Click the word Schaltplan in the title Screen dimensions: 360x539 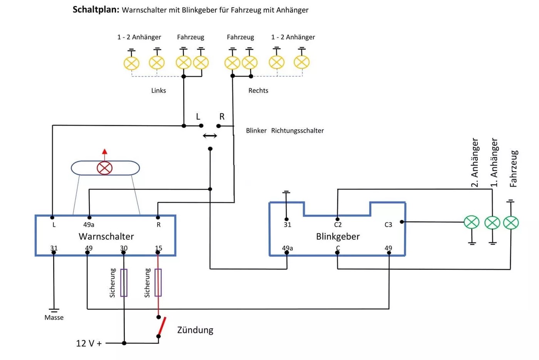[96, 10]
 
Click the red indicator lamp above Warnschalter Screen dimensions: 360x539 [105, 168]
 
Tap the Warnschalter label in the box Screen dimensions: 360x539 [106, 236]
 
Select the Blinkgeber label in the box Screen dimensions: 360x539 [338, 236]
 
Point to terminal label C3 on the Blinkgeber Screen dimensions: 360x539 [388, 224]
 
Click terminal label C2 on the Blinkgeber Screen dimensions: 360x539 [338, 224]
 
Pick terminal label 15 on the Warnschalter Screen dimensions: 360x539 [158, 248]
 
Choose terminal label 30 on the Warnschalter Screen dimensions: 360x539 [124, 248]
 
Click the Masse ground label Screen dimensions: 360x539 [54, 318]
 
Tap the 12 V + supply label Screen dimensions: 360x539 [89, 343]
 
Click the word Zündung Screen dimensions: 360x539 [195, 330]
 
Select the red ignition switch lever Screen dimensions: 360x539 [162, 326]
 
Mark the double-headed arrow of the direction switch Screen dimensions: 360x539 [210, 136]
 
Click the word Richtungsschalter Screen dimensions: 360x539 [297, 131]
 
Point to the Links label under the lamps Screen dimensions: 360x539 [159, 90]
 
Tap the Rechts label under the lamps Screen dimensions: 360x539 [258, 90]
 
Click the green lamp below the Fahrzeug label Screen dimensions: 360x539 [511, 223]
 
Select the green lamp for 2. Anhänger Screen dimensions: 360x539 [472, 222]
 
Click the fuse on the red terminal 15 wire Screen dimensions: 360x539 [158, 283]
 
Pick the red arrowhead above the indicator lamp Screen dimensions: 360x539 [105, 152]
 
